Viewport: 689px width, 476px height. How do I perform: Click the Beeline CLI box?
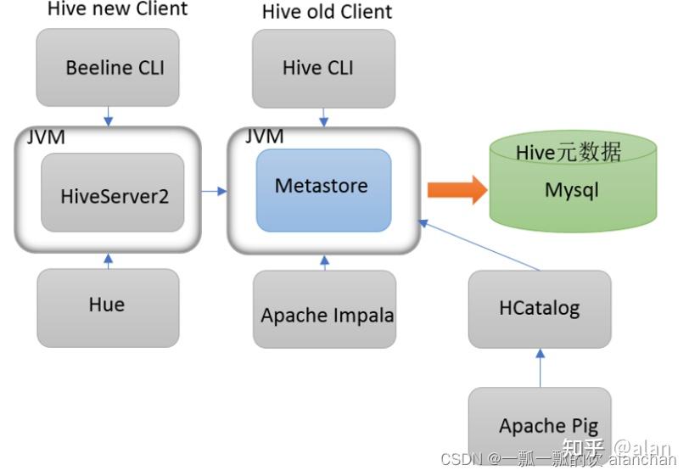(108, 68)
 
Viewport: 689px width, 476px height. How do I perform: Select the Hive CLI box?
(324, 68)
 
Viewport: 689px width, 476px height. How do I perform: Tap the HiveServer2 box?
(113, 193)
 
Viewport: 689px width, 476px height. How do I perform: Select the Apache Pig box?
(540, 424)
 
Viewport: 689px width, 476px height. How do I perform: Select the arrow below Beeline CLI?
(109, 116)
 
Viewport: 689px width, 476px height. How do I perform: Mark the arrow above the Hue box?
(109, 260)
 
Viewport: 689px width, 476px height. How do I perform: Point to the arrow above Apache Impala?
(324, 262)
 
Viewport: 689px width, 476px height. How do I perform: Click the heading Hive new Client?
(117, 9)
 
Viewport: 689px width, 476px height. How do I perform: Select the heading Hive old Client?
(327, 12)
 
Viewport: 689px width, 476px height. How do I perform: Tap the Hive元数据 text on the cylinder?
(569, 153)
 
